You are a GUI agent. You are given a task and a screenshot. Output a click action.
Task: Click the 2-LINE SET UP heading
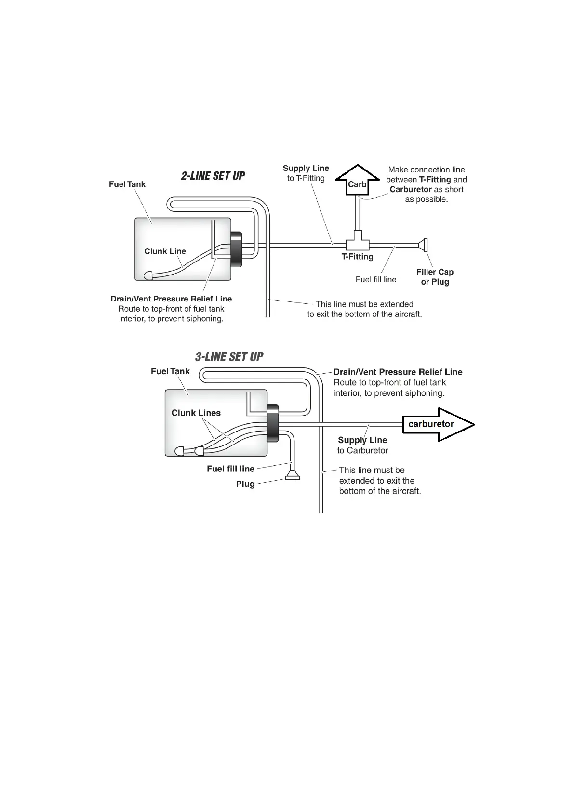213,176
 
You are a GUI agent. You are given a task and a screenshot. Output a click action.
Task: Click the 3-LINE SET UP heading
229,357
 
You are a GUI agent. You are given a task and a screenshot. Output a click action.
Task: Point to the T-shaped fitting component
357,241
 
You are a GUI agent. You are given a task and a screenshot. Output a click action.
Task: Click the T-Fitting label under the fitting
357,257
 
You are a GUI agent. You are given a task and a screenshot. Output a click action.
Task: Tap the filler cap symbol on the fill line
424,246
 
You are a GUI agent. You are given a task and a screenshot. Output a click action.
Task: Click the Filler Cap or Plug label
435,277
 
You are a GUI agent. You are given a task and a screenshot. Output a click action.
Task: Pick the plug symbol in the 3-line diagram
293,477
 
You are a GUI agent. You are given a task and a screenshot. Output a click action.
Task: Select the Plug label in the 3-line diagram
245,484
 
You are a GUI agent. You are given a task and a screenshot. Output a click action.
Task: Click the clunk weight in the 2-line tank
149,275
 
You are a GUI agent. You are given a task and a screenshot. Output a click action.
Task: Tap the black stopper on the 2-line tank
237,249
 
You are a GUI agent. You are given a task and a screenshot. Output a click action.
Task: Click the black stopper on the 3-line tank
273,423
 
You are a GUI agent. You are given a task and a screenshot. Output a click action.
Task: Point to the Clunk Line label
165,251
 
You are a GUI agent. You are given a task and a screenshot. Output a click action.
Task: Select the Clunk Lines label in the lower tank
196,413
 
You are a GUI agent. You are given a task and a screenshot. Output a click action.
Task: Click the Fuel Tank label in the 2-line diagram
127,184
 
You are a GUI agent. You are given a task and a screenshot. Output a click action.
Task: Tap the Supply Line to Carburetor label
362,445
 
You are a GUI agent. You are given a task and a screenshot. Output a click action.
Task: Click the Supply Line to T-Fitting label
306,173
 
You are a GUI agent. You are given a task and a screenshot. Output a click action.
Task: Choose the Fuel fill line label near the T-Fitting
376,279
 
